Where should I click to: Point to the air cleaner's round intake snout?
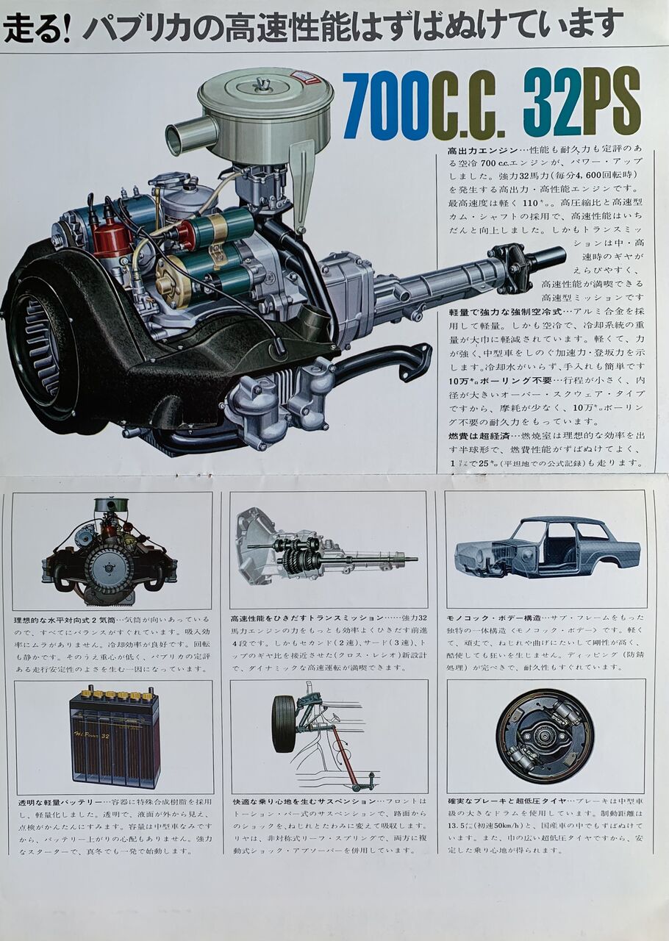pyautogui.click(x=182, y=135)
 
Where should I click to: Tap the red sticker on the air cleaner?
pyautogui.click(x=310, y=76)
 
